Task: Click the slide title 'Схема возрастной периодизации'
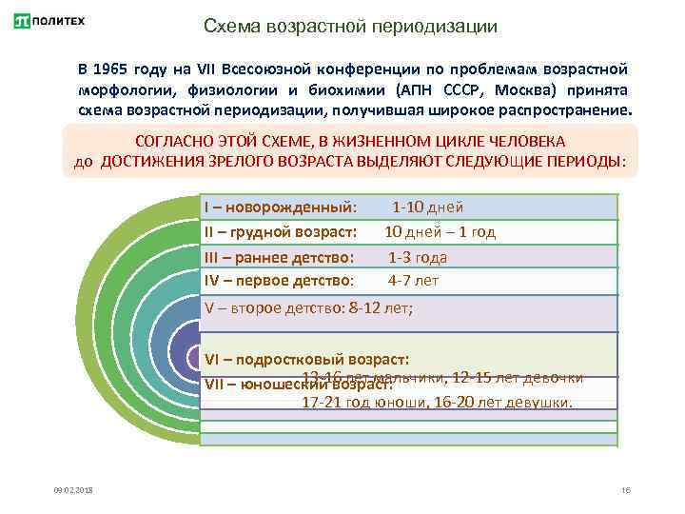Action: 350,26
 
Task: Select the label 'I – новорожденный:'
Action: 281,208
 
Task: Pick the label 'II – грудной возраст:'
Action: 281,232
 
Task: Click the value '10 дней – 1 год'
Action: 440,232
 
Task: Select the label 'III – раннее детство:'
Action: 279,257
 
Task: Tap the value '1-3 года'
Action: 417,257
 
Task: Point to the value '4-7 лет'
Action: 413,281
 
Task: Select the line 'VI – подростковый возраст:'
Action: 307,360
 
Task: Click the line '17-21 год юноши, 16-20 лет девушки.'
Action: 438,403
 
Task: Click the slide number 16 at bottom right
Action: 625,489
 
